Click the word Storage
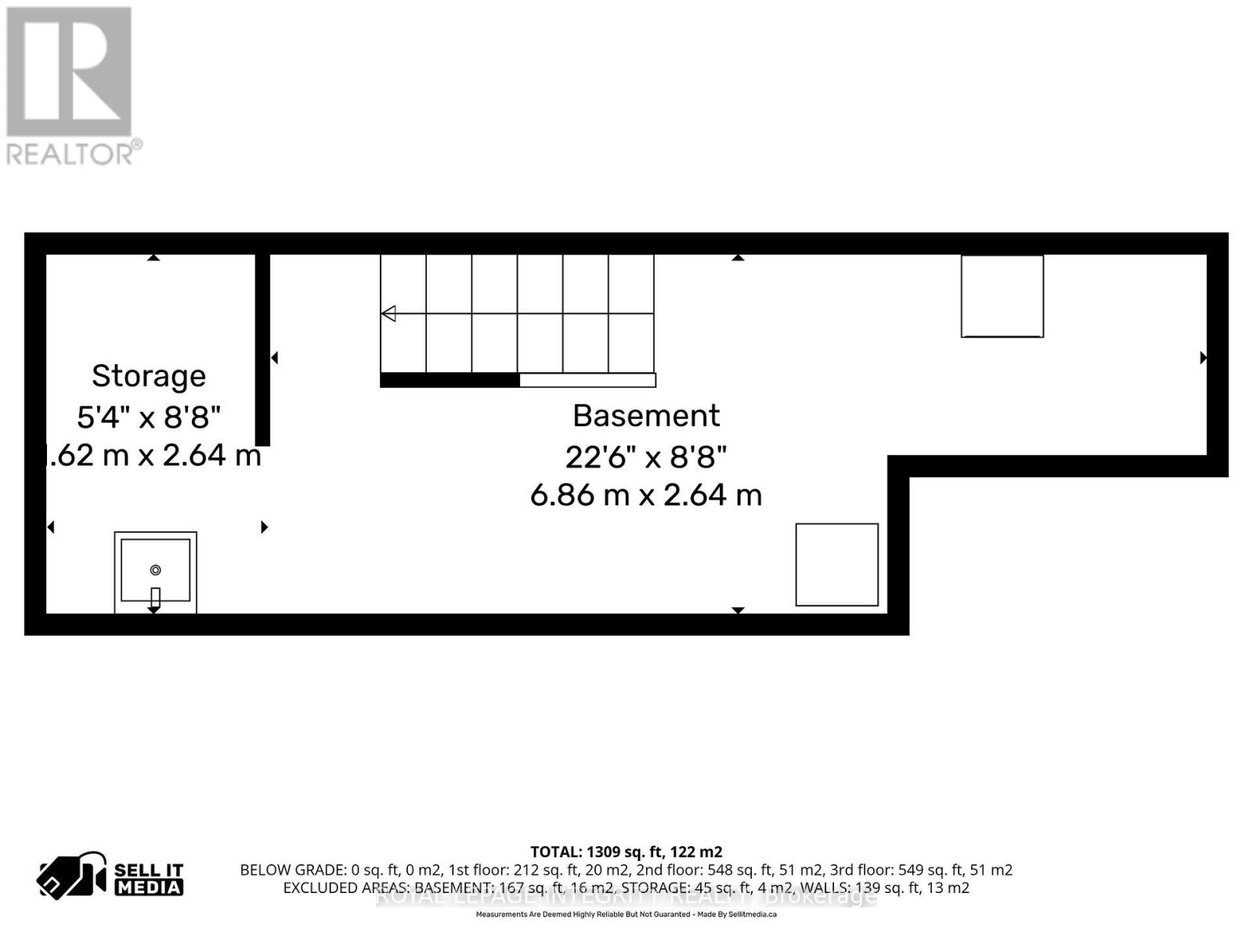(x=149, y=376)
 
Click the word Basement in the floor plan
(x=646, y=416)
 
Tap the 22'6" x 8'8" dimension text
(x=646, y=456)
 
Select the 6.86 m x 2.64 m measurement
(x=646, y=495)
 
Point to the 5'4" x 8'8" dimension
(x=149, y=417)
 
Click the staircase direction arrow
(x=388, y=313)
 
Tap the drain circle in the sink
(x=155, y=569)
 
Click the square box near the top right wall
(x=1002, y=296)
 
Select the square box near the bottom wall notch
(x=836, y=565)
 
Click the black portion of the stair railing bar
(x=450, y=381)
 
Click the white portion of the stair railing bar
(x=587, y=381)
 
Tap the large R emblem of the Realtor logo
(x=69, y=72)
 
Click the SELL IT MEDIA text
(x=149, y=879)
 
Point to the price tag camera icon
(x=70, y=876)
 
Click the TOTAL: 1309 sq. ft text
(x=626, y=851)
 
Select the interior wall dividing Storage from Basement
(x=262, y=349)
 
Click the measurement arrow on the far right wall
(x=1203, y=358)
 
